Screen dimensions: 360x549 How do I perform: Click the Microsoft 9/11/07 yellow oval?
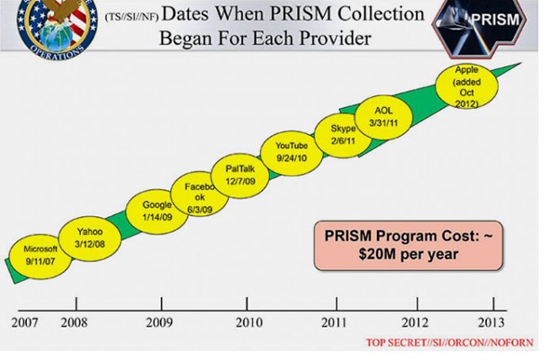[x=40, y=255]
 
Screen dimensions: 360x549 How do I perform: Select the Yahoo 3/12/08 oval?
[x=90, y=236]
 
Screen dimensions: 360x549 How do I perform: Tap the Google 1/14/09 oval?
[x=157, y=210]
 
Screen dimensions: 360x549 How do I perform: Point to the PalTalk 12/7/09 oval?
[x=241, y=173]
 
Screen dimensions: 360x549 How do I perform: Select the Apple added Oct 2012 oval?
[x=465, y=85]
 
